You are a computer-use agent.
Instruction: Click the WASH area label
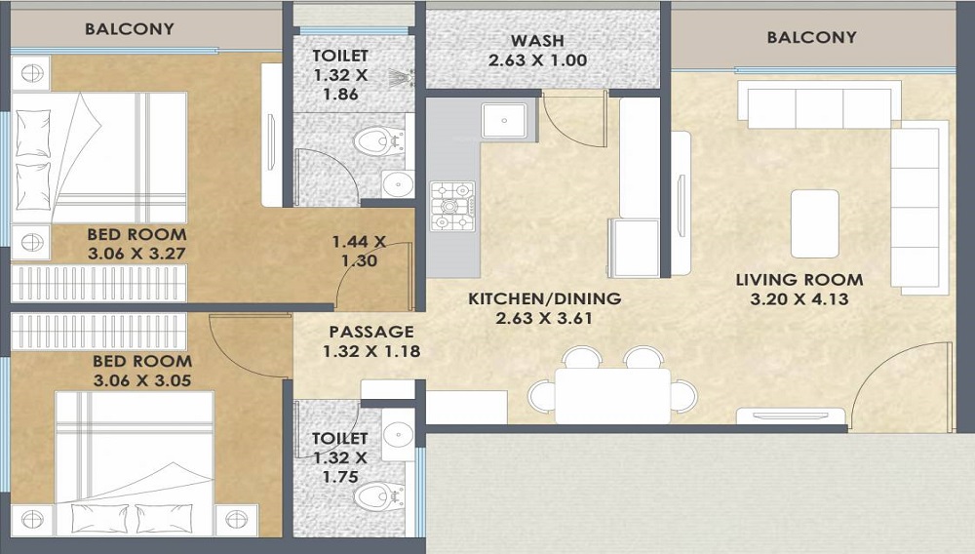pos(536,41)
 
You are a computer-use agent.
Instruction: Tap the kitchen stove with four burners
pos(452,206)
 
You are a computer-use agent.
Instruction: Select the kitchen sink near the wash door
pos(507,119)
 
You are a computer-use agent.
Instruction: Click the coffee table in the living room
pos(814,223)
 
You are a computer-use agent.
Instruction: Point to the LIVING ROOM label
pos(799,280)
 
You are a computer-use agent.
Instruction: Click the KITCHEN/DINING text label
pos(544,298)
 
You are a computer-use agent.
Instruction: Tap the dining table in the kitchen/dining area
pos(611,395)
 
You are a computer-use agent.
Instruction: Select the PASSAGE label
pos(370,332)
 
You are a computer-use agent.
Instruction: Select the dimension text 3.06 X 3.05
pos(137,379)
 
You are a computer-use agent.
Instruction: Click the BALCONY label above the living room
pos(811,38)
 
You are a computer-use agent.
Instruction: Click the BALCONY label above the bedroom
pos(129,28)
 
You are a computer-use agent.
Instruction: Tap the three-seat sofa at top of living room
pos(818,106)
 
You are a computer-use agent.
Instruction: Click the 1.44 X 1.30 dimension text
pos(359,251)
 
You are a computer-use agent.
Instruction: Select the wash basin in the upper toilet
pos(397,183)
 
